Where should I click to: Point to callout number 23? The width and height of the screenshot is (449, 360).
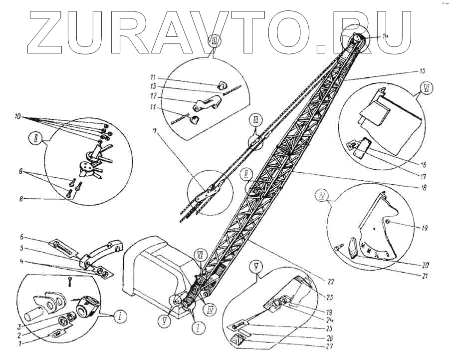tap(329, 296)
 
